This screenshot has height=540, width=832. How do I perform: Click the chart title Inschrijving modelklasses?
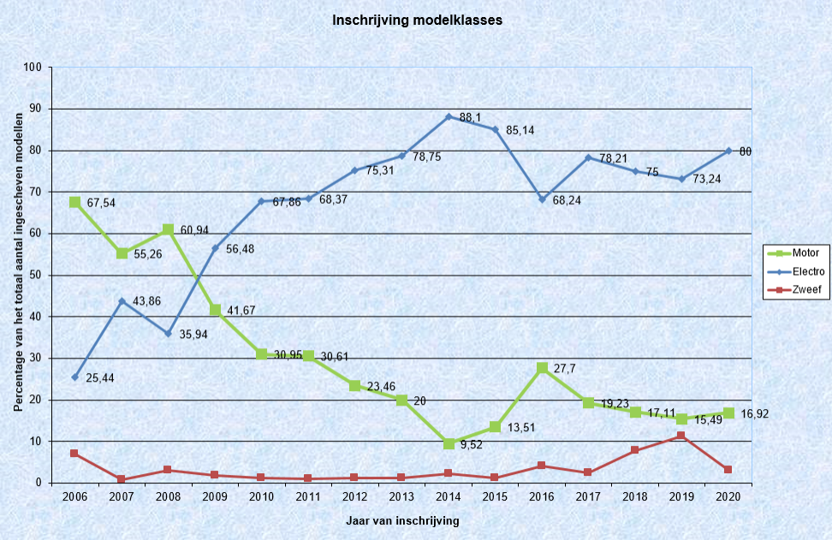click(417, 20)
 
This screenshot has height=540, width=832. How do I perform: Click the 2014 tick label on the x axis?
click(449, 496)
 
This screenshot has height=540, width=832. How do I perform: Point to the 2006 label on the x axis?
click(75, 496)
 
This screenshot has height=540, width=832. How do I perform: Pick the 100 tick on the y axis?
click(34, 68)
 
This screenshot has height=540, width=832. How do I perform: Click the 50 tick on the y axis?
click(37, 276)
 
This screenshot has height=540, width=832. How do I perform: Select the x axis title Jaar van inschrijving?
click(401, 520)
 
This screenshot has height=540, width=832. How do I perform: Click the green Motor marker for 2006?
click(75, 202)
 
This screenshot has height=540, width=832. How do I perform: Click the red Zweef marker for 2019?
click(681, 436)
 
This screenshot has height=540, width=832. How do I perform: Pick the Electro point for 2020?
click(728, 151)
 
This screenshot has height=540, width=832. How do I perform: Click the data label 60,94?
click(195, 232)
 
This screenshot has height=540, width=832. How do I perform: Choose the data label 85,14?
click(521, 132)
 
